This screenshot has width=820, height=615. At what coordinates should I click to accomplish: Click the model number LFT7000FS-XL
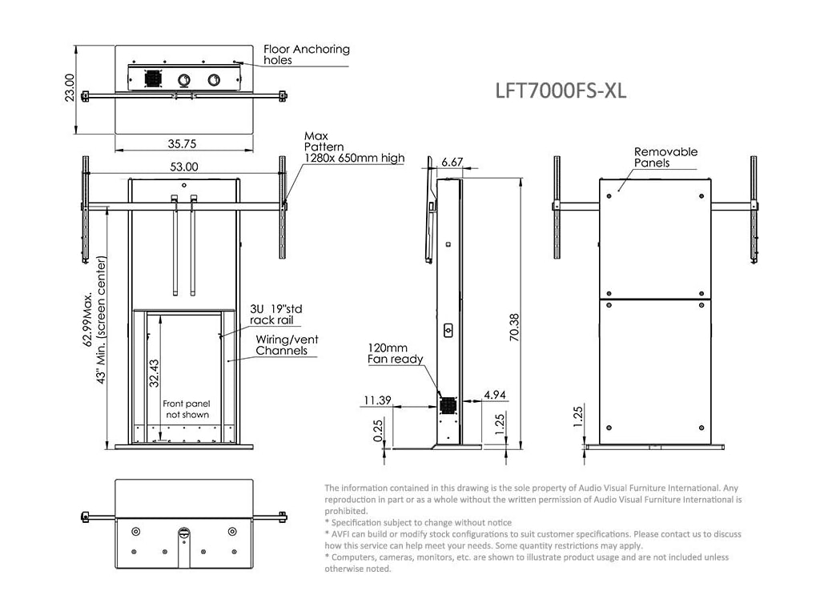[x=561, y=90]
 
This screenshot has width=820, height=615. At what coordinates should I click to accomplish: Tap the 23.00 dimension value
[x=70, y=88]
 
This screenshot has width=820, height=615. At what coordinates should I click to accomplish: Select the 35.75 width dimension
[x=183, y=144]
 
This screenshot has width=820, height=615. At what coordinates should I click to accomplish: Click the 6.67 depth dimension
[x=452, y=162]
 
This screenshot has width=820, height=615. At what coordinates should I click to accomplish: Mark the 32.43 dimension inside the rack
[x=154, y=373]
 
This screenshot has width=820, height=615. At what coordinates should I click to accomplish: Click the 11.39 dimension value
[x=376, y=400]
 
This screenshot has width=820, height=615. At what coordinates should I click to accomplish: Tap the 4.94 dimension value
[x=495, y=396]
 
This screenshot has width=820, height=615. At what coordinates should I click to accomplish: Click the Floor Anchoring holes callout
[x=307, y=54]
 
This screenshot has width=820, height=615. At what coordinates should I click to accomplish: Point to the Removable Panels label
[x=665, y=157]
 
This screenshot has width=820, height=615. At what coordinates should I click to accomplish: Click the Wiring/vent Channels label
[x=287, y=345]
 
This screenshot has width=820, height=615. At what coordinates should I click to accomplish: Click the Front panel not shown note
[x=186, y=409]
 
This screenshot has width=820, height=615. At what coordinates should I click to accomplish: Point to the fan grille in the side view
[x=446, y=406]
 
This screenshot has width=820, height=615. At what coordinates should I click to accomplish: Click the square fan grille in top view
[x=152, y=79]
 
